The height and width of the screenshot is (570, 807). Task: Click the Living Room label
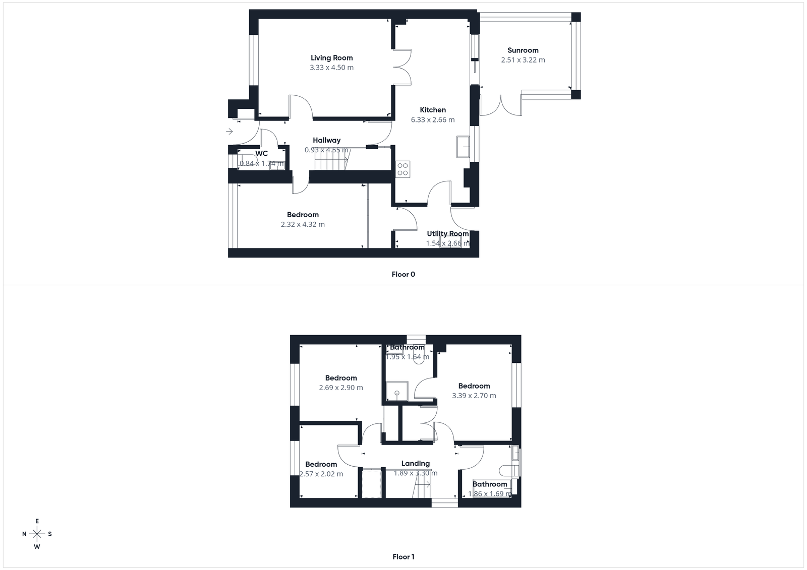point(331,58)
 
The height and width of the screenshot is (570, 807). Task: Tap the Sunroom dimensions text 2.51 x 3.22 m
point(523,60)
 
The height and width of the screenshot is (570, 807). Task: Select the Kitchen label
point(433,110)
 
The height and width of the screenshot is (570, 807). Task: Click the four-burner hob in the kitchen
point(402,169)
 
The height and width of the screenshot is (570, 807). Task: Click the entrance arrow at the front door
point(229,132)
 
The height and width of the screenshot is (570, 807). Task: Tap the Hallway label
point(326,141)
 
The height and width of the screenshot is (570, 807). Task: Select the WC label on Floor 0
point(261,154)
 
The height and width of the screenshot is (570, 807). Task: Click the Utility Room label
point(447,234)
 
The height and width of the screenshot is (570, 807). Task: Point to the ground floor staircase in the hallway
point(331,162)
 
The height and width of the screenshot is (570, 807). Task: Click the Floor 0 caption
point(403,275)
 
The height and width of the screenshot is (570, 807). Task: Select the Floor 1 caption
point(403,557)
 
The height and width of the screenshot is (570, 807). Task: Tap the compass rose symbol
point(37,534)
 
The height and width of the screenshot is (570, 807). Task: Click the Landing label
point(415,464)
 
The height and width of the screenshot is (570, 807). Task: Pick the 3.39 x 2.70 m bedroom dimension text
point(474,396)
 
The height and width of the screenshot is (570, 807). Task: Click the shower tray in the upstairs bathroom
point(396,391)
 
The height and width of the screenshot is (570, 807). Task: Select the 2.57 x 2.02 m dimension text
point(321,474)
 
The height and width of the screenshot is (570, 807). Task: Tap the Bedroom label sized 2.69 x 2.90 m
point(340,378)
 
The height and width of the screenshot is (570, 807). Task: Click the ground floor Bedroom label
point(303,215)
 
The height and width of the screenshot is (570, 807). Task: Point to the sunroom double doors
point(500,105)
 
